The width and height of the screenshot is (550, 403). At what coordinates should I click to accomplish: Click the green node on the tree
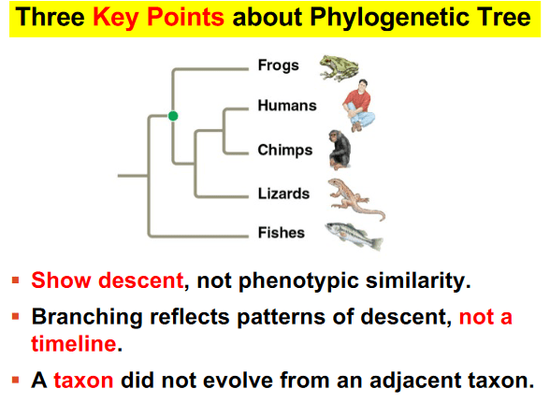pyautogui.click(x=173, y=116)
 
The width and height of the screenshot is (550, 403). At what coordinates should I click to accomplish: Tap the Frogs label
pyautogui.click(x=279, y=65)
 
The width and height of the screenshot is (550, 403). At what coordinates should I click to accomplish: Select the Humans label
pyautogui.click(x=287, y=106)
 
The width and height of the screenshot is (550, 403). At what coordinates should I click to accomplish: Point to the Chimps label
pyautogui.click(x=285, y=151)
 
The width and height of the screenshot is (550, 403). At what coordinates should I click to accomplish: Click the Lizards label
pyautogui.click(x=283, y=194)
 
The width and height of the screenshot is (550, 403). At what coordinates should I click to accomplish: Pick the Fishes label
pyautogui.click(x=282, y=233)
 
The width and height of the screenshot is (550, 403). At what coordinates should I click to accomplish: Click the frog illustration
pyautogui.click(x=340, y=68)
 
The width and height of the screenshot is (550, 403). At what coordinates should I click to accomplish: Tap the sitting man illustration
pyautogui.click(x=358, y=106)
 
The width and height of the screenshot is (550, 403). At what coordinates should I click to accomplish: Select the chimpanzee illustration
pyautogui.click(x=340, y=150)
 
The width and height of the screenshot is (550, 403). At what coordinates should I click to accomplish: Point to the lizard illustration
pyautogui.click(x=356, y=199)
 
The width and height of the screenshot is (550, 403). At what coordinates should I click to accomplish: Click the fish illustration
pyautogui.click(x=354, y=236)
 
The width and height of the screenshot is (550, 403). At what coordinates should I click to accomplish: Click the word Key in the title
pyautogui.click(x=116, y=18)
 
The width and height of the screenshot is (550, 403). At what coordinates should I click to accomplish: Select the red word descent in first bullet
pyautogui.click(x=141, y=281)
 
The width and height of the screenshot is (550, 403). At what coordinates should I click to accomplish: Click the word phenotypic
pyautogui.click(x=299, y=281)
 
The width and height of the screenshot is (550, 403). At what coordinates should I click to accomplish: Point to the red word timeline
pyautogui.click(x=74, y=343)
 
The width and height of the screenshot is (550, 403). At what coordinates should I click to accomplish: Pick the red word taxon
pyautogui.click(x=83, y=381)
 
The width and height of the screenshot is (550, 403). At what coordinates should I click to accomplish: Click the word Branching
pyautogui.click(x=87, y=318)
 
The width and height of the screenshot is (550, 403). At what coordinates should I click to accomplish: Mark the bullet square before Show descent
pyautogui.click(x=15, y=280)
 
